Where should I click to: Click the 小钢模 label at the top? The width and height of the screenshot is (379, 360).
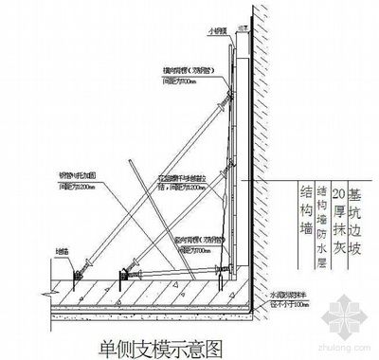coord(219,28)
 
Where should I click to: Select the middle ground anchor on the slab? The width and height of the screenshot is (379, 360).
coord(121,277)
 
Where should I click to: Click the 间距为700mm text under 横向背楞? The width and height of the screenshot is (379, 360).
coord(182,82)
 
